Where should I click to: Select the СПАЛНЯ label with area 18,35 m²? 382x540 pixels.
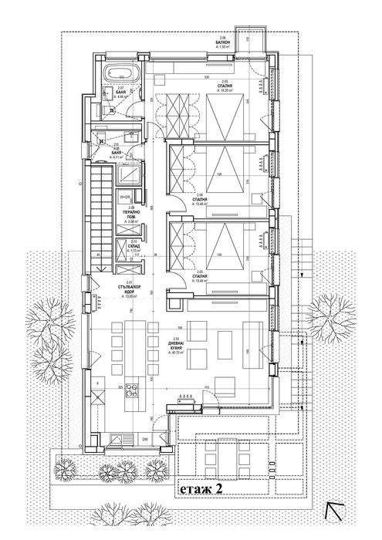[225, 88]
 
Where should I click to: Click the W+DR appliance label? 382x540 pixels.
[125, 197]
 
